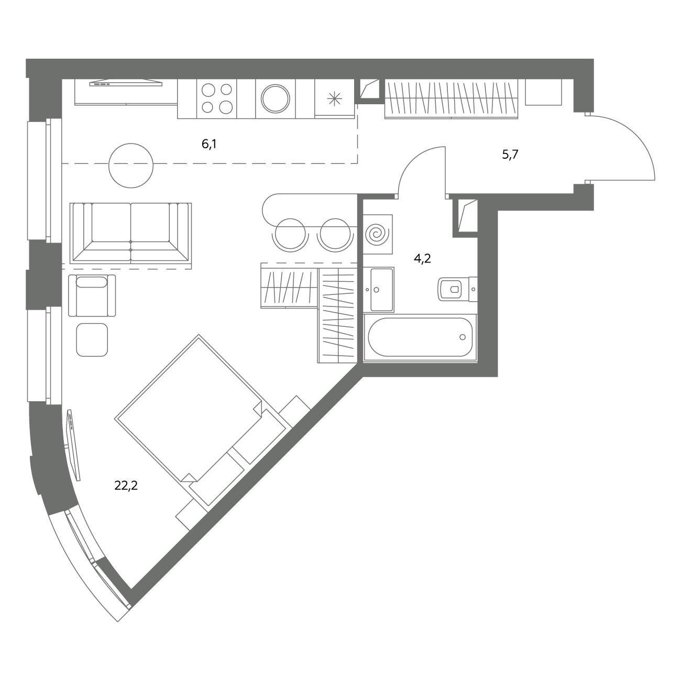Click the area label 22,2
(126, 486)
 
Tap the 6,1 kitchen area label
(209, 144)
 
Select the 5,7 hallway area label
(510, 155)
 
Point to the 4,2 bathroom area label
(422, 259)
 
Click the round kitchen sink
(276, 99)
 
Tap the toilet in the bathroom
(458, 289)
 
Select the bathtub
(420, 337)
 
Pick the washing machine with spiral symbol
(377, 234)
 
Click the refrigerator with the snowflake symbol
(334, 98)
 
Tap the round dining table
(131, 166)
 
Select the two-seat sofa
(131, 233)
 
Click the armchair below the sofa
(92, 295)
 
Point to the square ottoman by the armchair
(92, 339)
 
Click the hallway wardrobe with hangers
(451, 99)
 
